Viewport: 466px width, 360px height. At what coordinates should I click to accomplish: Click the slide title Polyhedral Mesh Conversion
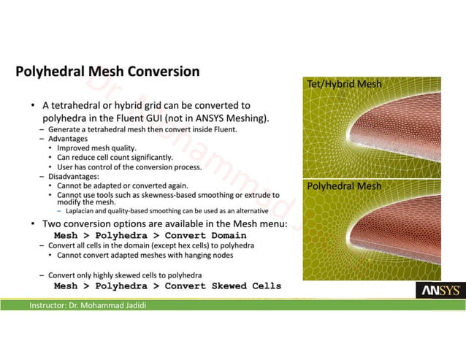(x=107, y=72)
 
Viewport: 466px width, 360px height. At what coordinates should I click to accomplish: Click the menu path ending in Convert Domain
(x=150, y=236)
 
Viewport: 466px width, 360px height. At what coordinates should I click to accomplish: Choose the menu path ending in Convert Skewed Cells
(x=167, y=286)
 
